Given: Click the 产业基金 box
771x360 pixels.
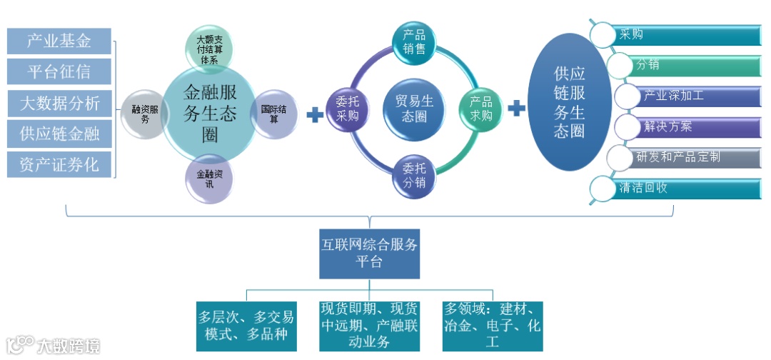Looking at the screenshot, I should pos(59,41).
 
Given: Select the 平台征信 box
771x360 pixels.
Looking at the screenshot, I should pos(59,71).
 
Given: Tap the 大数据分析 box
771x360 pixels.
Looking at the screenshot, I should pos(59,103).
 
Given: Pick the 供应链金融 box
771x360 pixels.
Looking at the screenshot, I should pos(59,134).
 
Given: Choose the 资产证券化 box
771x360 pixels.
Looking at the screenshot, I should pos(59,165).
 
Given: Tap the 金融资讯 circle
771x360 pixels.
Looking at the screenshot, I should pos(209,178).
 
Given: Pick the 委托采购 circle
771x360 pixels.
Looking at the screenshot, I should pos(348,108).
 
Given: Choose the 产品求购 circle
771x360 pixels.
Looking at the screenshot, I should pos(480,108).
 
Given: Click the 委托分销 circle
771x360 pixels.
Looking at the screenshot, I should pos(414,176).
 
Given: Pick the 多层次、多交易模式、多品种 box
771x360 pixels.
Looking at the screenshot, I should pos(246,325).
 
